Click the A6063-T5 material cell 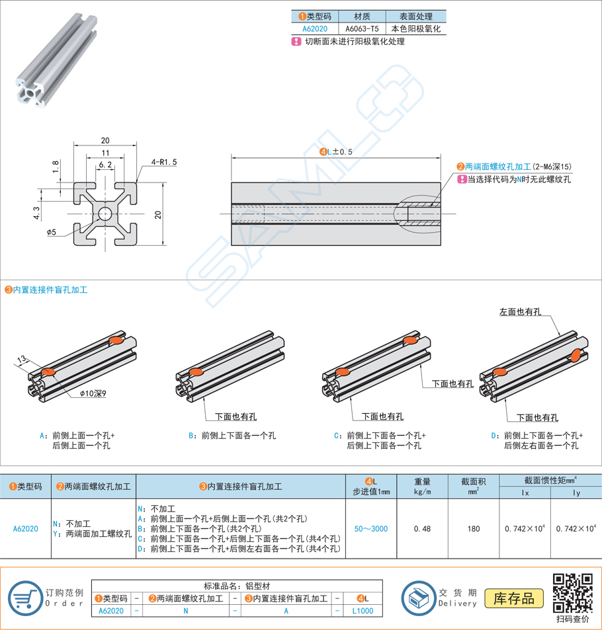click(x=362, y=29)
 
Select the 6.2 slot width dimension click(x=105, y=164)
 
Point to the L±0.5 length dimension click(x=336, y=151)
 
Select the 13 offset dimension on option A click(x=22, y=360)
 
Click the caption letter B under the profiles click(x=191, y=436)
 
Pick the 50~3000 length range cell click(x=370, y=529)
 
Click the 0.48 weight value click(x=423, y=529)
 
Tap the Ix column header click(x=526, y=492)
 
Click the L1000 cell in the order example click(x=363, y=611)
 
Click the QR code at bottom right click(x=572, y=592)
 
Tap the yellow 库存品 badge click(x=514, y=598)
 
